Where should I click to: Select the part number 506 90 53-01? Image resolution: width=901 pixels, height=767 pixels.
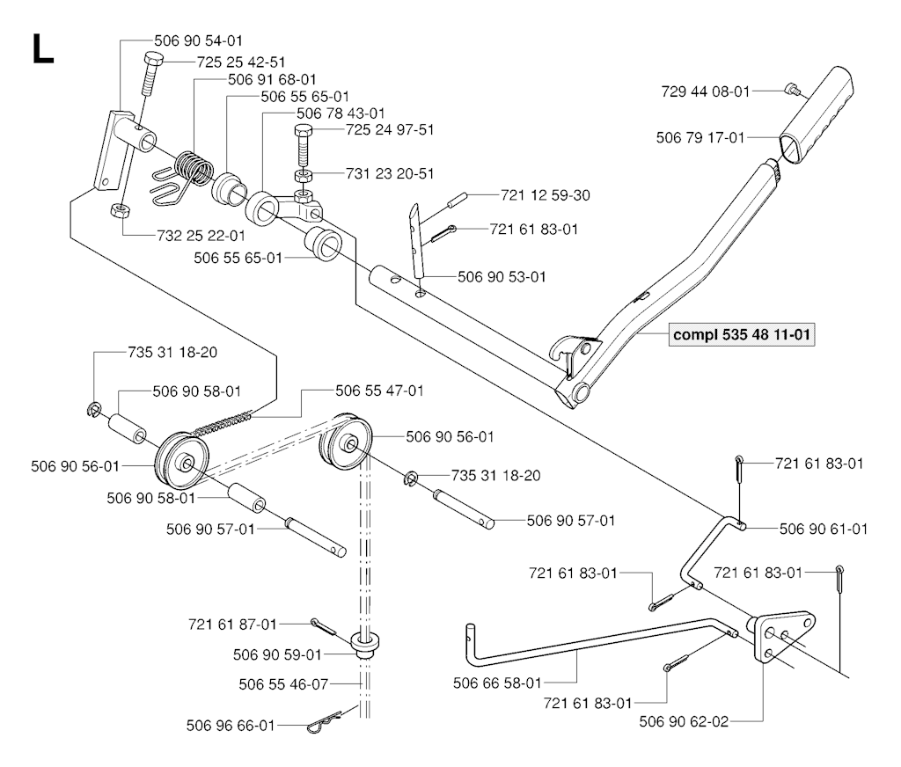tap(502, 276)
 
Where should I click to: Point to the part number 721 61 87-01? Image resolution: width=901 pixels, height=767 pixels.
tap(232, 624)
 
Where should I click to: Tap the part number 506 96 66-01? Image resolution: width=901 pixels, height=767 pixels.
tap(231, 726)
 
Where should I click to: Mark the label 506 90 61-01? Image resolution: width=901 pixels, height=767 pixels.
tap(824, 529)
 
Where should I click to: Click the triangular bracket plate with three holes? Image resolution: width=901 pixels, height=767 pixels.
tap(779, 638)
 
